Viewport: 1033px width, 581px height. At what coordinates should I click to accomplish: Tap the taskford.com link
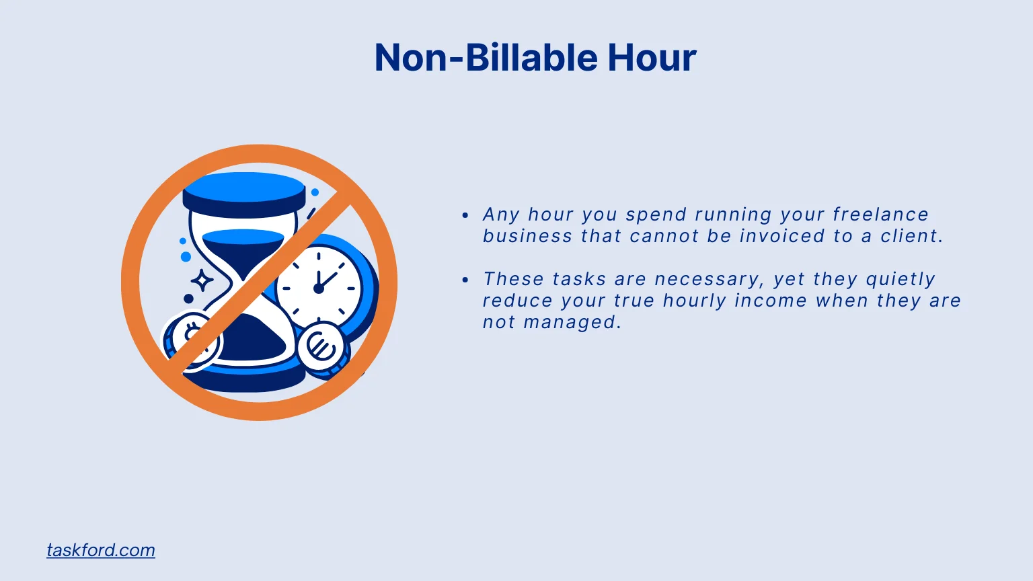(101, 550)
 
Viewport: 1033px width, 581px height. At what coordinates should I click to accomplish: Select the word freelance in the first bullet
(880, 215)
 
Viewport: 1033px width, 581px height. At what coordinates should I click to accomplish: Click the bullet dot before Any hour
(465, 216)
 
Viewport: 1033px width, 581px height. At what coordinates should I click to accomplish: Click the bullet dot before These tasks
(465, 280)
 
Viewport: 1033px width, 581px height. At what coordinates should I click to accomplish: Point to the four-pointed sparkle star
(202, 280)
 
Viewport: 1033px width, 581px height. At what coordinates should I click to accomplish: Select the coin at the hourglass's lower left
(192, 340)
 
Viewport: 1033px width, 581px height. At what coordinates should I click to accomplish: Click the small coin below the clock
(321, 346)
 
